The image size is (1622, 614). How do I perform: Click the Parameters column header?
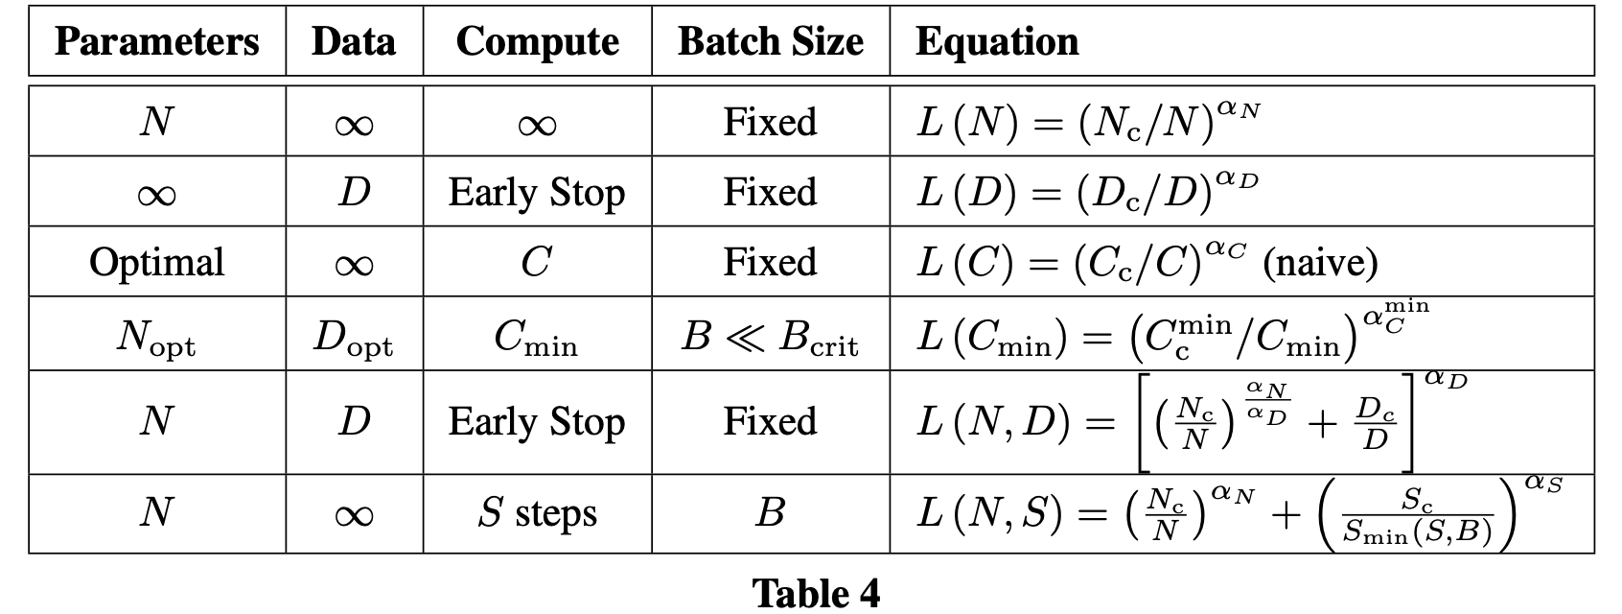point(156,41)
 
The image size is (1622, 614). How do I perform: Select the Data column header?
point(354,41)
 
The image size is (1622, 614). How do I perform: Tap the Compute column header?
point(537,41)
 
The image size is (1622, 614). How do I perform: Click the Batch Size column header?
point(771,41)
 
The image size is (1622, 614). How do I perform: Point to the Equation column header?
point(997,41)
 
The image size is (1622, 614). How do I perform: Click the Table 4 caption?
point(816,592)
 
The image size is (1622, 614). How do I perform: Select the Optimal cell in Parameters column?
point(156,262)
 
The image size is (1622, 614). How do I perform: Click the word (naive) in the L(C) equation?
point(1320,262)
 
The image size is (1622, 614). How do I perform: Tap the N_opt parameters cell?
point(156,337)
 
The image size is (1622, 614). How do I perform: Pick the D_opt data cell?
point(354,337)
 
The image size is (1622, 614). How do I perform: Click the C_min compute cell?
point(537,337)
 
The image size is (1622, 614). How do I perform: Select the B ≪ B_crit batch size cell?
point(771,337)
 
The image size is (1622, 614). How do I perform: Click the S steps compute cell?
point(537,513)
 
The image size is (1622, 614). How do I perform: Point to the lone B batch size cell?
point(771,513)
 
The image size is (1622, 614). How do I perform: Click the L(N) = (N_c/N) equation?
point(1088,122)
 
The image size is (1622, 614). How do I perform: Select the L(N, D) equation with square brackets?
point(1165,422)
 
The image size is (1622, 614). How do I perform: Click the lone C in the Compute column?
point(537,262)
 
